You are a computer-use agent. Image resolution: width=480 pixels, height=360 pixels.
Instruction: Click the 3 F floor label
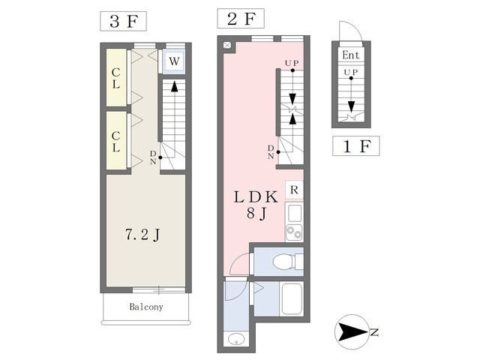[x=123, y=21]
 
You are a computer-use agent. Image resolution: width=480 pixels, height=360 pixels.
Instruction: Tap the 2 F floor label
[x=241, y=18]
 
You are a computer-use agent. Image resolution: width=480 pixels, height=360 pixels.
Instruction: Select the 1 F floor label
[x=356, y=146]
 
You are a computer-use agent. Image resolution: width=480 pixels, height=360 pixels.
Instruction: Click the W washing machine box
[x=173, y=61]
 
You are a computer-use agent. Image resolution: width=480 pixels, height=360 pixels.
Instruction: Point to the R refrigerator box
[x=294, y=190]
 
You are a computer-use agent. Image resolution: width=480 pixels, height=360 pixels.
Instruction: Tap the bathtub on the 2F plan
[x=292, y=299]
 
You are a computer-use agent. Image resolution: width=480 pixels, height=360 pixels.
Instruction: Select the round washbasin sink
[x=236, y=339]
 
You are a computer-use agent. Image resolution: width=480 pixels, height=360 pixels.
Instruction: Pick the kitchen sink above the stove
[x=294, y=213]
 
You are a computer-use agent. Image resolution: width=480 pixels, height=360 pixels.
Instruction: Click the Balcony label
[x=146, y=307]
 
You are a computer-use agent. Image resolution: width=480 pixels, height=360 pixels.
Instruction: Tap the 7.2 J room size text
[x=142, y=235]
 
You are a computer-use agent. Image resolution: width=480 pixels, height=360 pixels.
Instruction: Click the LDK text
[x=256, y=196]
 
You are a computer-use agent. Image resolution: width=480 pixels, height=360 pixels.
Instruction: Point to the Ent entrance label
[x=350, y=55]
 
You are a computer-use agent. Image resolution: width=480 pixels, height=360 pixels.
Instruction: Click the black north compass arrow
[x=351, y=332]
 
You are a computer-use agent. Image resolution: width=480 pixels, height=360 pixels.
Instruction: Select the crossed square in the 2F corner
[x=226, y=45]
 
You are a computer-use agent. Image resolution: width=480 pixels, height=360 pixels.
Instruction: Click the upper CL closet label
[x=115, y=78]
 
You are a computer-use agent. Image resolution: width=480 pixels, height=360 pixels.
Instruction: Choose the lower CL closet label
[x=115, y=142]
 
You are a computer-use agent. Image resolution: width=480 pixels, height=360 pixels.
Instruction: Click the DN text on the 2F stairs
[x=271, y=152]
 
